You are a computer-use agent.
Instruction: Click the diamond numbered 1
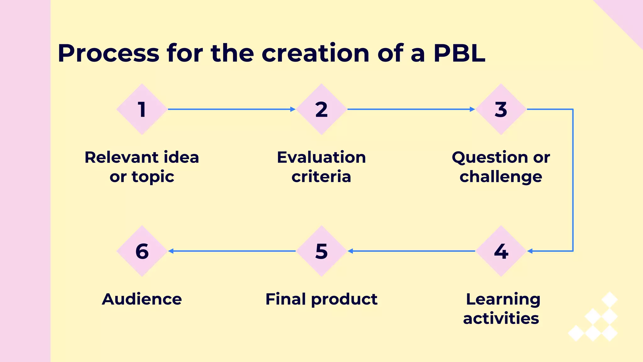(142, 109)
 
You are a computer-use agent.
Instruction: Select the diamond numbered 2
(321, 109)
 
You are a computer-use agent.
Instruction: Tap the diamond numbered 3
(501, 109)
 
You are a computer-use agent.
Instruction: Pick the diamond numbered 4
(501, 251)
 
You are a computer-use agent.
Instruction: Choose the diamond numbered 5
(321, 251)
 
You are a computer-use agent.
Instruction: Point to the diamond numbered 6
(142, 251)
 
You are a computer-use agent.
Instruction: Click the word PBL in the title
(459, 53)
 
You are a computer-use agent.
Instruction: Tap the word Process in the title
(109, 53)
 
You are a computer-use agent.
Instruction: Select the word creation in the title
(315, 53)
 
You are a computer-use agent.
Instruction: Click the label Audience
(142, 299)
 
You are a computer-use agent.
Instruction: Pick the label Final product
(321, 299)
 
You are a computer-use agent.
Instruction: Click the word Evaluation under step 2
(321, 157)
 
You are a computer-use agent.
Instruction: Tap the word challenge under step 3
(501, 177)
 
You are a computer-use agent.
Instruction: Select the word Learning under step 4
(503, 299)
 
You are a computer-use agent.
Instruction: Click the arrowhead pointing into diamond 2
(293, 109)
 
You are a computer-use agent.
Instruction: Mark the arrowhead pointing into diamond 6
(171, 251)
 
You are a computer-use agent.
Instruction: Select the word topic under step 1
(153, 177)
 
